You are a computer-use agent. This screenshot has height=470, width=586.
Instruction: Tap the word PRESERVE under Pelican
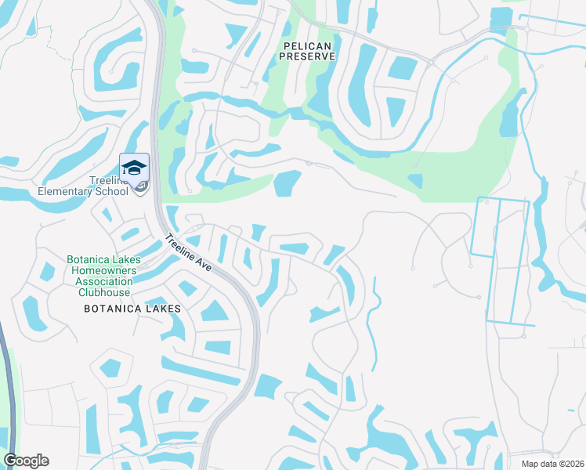point(308,56)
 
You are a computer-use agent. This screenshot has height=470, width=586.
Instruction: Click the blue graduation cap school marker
point(134,168)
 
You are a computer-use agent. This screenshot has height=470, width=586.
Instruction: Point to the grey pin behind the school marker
point(141,186)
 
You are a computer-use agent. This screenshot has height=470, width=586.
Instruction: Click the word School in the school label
point(110,191)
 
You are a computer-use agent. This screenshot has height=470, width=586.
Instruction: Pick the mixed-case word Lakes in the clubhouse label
point(121,259)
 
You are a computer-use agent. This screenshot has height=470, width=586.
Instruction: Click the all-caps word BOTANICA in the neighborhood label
point(112,309)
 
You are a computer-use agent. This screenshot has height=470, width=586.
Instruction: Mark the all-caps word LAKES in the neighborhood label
point(164,309)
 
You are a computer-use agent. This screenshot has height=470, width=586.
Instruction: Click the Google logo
point(26,461)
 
